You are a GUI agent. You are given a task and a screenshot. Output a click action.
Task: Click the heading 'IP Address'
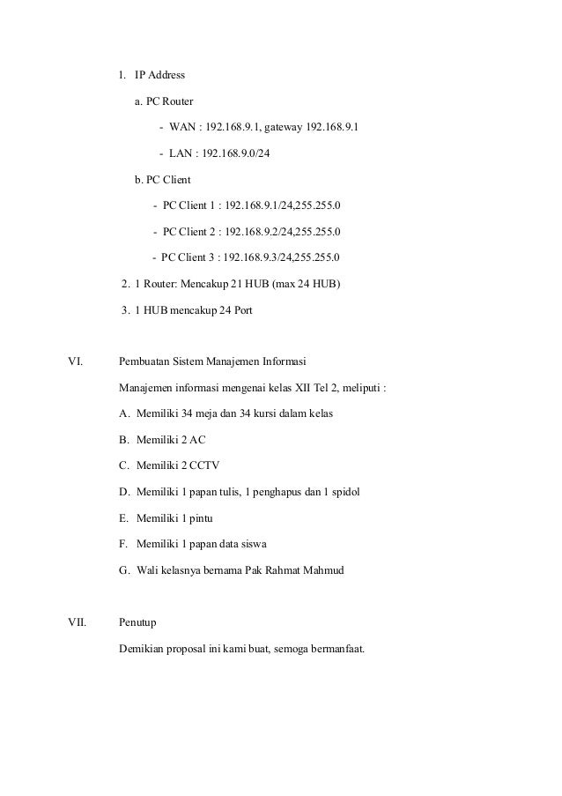159,75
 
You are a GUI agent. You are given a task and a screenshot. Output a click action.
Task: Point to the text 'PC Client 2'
190,232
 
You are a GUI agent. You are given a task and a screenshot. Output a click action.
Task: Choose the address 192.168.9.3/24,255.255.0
283,258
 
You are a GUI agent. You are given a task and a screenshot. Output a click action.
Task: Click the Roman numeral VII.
78,623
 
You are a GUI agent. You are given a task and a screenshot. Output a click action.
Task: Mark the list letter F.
122,545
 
